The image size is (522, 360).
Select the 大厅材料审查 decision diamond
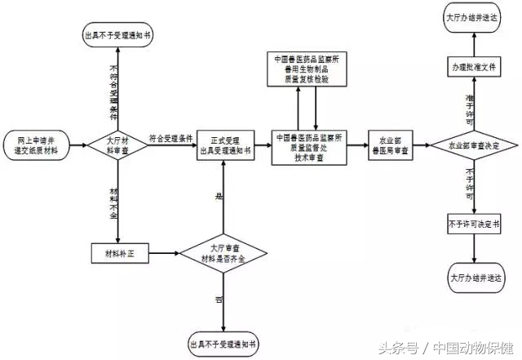(118, 146)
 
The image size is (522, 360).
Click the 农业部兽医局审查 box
(391, 145)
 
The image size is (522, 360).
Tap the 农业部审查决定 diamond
(474, 145)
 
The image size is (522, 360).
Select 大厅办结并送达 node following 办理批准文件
(474, 17)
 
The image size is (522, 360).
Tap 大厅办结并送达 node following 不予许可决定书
(474, 278)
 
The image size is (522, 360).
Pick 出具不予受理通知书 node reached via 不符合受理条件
(118, 35)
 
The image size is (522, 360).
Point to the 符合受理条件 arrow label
(171, 138)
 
